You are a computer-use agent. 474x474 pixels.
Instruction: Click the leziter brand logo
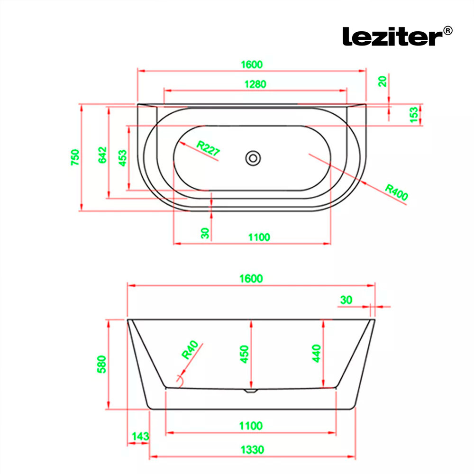393,36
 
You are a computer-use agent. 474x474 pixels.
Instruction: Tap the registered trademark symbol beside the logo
448,30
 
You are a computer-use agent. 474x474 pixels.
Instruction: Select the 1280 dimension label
255,84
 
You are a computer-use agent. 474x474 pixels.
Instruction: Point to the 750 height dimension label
75,157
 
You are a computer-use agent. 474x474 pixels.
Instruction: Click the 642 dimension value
102,155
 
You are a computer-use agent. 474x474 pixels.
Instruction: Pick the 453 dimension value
122,158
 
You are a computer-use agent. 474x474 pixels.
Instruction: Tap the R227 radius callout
208,148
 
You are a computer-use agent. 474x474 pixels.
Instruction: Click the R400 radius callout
397,192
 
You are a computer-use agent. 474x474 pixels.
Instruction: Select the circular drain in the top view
253,158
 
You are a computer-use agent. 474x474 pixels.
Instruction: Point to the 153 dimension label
414,115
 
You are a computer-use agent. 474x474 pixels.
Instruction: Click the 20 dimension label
383,82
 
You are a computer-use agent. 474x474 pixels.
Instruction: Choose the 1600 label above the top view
252,64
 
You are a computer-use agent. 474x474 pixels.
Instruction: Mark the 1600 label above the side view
251,278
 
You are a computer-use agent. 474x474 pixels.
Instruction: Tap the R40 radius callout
190,350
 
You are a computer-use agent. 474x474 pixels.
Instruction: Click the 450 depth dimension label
244,354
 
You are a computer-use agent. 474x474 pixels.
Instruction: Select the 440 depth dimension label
316,354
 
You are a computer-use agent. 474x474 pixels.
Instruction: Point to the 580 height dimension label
101,364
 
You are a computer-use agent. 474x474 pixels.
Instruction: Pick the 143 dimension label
140,436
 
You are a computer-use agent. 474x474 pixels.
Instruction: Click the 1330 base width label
252,450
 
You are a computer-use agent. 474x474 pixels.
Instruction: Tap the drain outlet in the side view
251,391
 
